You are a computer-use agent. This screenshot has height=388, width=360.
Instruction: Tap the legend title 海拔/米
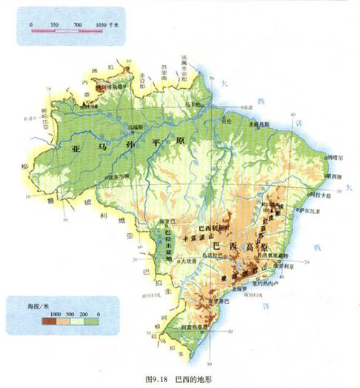pos(29,305)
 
